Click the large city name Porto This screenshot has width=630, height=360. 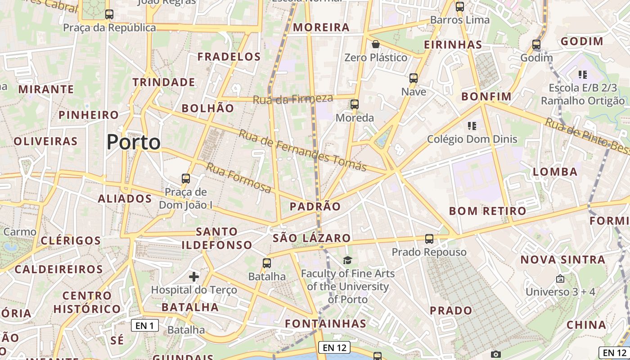[134, 142]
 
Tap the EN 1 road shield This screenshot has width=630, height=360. [145, 325]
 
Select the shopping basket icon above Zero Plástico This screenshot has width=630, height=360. [376, 44]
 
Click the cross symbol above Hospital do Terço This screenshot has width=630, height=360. [194, 276]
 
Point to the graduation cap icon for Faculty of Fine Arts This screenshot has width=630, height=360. [347, 260]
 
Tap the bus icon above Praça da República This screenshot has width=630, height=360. [109, 14]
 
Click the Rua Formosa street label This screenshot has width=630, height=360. [239, 177]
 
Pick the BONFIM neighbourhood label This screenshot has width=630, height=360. [486, 97]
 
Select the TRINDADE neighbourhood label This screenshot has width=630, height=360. [164, 82]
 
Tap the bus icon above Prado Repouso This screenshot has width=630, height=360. [429, 239]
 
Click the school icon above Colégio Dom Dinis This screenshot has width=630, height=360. [472, 126]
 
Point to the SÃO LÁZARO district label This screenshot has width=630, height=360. [311, 238]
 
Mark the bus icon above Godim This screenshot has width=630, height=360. [536, 45]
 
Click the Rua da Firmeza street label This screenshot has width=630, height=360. [293, 99]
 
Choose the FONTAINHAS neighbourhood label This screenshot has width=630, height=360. [326, 324]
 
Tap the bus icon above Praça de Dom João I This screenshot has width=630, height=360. [186, 179]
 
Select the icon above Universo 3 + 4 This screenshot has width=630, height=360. [560, 279]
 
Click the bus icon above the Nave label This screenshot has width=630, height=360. [414, 78]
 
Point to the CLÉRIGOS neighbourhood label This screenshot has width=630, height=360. [71, 240]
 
